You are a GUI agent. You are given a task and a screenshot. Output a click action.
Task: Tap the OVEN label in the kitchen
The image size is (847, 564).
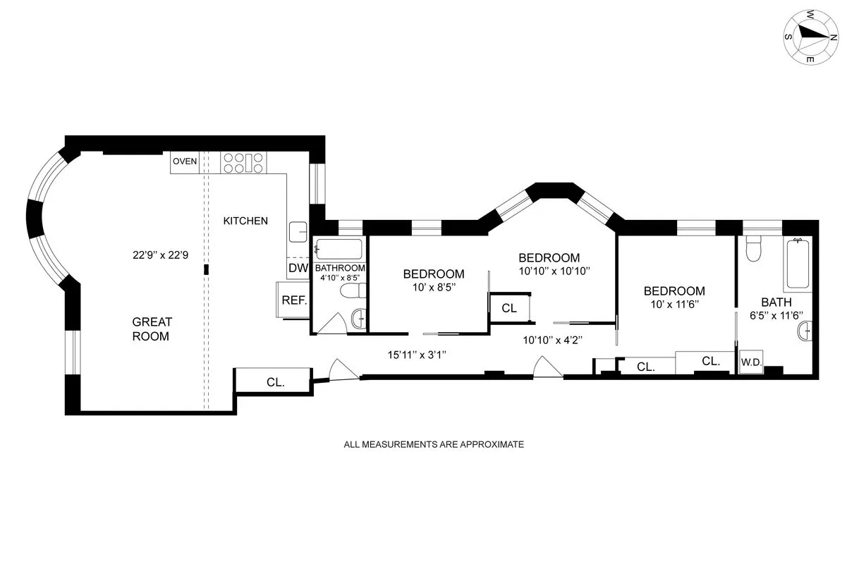[185, 161]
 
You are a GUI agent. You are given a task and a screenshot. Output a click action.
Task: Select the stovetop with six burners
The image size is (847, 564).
[243, 163]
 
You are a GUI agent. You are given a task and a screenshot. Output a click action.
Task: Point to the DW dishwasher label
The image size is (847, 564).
[297, 268]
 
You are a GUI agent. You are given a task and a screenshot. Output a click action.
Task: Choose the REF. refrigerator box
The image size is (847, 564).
[293, 300]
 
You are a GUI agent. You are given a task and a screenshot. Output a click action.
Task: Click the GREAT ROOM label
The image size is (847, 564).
[152, 329]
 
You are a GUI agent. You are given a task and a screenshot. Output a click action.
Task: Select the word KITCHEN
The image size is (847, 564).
[245, 221]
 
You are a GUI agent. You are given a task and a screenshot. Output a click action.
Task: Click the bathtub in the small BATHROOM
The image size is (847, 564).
[339, 250]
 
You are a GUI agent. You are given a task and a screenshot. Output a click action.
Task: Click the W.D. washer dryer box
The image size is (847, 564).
[749, 363]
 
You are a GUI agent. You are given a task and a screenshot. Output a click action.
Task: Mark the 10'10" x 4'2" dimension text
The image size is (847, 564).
[552, 340]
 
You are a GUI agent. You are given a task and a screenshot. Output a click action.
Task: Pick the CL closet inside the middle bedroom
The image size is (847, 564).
[509, 307]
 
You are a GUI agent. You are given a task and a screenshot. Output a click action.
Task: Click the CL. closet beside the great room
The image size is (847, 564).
[275, 382]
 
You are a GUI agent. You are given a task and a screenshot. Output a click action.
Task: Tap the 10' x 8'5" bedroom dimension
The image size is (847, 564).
[434, 287]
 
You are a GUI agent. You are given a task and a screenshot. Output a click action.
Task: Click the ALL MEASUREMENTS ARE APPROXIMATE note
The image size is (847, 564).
[434, 445]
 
